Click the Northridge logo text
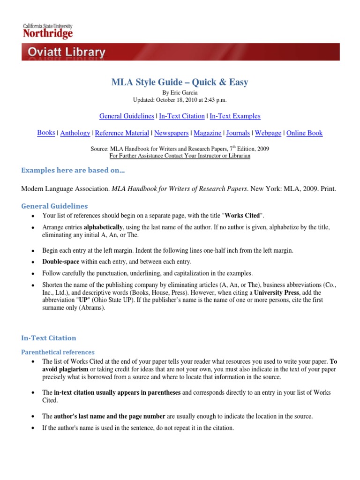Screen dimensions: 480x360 48,34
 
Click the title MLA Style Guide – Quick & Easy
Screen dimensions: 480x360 180,82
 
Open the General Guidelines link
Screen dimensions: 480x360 127,116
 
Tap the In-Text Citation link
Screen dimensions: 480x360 182,116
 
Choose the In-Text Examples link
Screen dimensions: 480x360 235,116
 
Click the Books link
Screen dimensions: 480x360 46,133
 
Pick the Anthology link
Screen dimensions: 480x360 75,133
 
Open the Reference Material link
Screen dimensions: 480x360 122,133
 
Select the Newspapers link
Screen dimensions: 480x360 172,133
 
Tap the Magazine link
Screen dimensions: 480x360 207,133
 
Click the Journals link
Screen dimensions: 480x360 238,133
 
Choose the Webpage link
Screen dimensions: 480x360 268,133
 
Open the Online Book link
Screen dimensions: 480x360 304,133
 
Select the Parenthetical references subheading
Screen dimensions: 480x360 58,352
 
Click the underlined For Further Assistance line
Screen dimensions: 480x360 180,155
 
